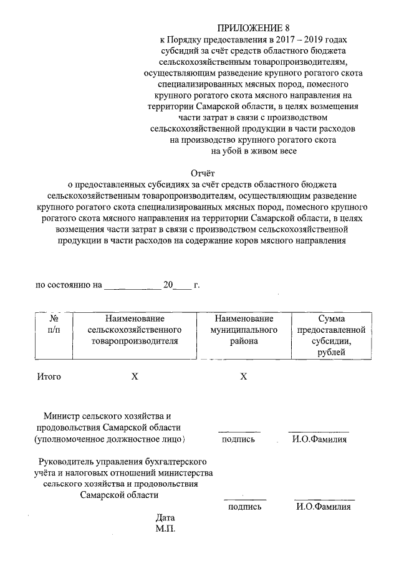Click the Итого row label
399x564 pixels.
[49, 376]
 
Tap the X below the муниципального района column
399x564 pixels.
[244, 376]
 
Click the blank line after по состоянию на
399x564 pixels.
[132, 287]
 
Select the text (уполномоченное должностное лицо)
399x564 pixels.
[110, 439]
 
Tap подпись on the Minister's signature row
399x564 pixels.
[238, 439]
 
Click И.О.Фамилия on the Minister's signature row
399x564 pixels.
[319, 439]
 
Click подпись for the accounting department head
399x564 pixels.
[245, 507]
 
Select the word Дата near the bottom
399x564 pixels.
[166, 518]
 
